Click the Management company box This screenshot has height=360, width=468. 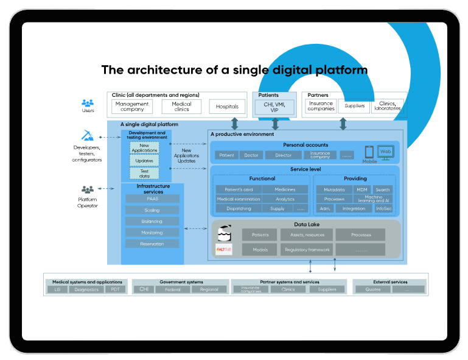click(x=132, y=107)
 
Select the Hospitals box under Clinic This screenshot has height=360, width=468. click(x=228, y=107)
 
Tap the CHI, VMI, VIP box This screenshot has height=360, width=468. click(x=274, y=107)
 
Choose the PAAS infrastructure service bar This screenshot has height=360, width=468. click(x=152, y=199)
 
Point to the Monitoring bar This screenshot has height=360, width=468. click(x=152, y=233)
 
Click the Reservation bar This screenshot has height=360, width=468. click(x=152, y=244)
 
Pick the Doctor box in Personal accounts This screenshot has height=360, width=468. click(x=251, y=155)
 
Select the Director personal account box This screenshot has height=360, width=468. click(x=284, y=155)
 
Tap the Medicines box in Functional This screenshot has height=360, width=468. click(x=285, y=189)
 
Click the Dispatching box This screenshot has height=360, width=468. click(x=239, y=208)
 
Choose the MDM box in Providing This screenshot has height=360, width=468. click(x=363, y=189)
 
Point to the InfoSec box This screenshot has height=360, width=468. click(x=384, y=208)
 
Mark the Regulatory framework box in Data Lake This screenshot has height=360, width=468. click(x=306, y=250)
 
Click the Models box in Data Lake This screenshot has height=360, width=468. click(x=260, y=250)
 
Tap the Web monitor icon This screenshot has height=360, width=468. click(x=385, y=152)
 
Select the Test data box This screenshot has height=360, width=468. click(x=144, y=174)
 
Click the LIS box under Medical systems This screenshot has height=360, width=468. click(x=57, y=289)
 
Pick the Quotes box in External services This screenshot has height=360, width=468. click(x=372, y=289)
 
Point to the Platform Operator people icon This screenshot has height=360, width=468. click(x=88, y=190)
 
